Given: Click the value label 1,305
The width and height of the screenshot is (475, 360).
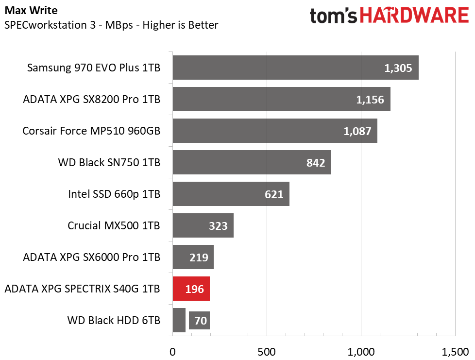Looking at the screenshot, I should [398, 69].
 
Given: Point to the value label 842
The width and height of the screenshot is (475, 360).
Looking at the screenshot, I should [316, 163].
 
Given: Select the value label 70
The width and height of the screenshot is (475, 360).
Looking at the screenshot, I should [200, 321].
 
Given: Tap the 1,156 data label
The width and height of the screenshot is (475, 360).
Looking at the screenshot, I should [370, 100].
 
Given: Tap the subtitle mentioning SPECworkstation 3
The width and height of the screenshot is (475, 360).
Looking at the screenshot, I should [111, 25].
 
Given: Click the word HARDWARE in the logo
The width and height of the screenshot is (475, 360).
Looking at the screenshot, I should [414, 16].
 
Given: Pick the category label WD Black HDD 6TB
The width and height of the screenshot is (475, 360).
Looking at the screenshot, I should [114, 321].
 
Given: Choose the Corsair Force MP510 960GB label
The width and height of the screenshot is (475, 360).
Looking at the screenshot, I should [91, 131].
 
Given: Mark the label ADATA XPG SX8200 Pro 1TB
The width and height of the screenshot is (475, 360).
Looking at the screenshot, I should [91, 100].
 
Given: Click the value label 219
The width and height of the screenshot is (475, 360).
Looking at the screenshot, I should [199, 257].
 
